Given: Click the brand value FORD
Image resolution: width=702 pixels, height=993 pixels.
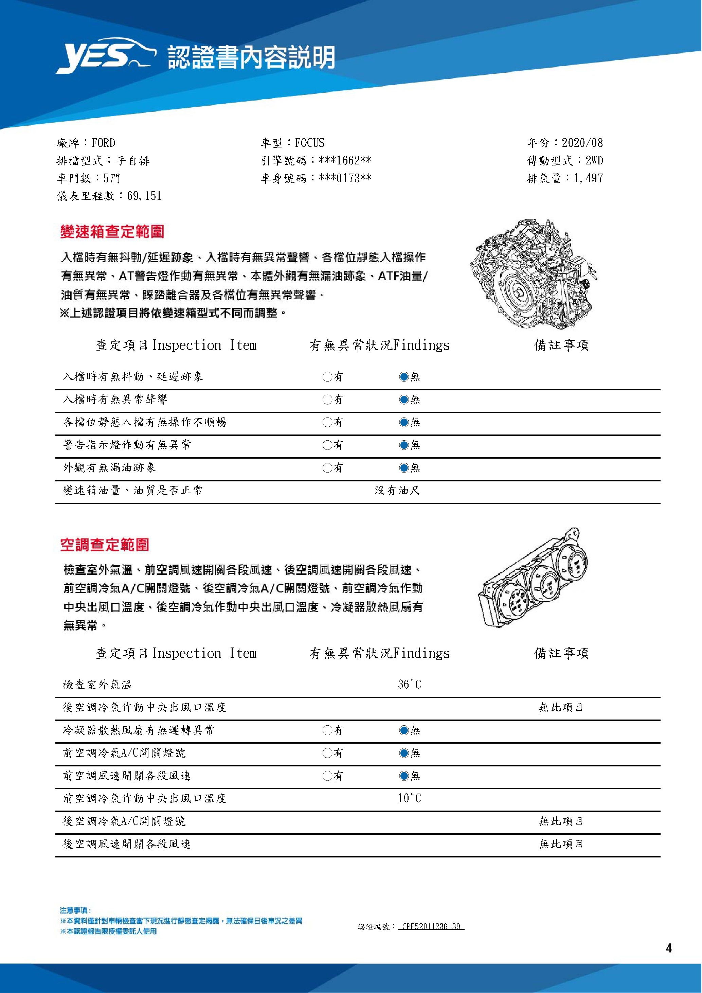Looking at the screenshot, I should click(x=103, y=143).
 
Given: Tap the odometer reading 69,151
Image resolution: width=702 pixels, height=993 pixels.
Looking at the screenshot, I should click(x=144, y=196).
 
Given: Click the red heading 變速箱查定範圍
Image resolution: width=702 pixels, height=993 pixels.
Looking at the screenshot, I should click(x=112, y=232).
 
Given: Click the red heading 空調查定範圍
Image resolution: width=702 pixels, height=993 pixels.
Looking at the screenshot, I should click(x=105, y=545).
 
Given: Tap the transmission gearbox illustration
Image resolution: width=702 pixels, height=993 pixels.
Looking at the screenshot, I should click(x=533, y=276).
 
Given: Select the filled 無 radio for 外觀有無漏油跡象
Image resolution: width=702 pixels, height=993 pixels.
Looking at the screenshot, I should click(x=404, y=467).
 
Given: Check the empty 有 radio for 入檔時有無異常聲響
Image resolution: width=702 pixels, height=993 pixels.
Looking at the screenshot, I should click(x=327, y=399).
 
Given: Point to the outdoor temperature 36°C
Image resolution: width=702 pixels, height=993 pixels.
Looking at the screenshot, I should click(x=409, y=684).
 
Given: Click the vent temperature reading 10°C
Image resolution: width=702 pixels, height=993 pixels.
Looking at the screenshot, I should click(x=409, y=798).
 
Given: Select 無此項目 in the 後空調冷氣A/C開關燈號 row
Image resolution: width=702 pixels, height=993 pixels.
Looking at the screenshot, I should click(x=561, y=821).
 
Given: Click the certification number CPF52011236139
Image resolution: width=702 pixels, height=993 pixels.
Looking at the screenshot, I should click(x=431, y=926).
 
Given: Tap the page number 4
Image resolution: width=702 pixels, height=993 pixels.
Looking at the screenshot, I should click(x=669, y=948).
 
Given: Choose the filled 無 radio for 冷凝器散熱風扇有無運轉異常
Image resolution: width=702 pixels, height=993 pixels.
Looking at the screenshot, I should click(x=404, y=730).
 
